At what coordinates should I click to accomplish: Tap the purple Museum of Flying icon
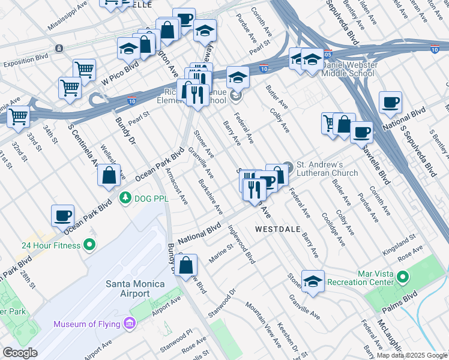[128, 325]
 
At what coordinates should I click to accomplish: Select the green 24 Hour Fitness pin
[89, 244]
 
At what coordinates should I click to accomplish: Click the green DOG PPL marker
[125, 196]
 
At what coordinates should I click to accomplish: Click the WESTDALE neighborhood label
[278, 229]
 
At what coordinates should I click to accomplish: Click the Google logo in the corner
[20, 352]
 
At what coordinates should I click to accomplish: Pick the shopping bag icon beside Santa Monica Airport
[187, 264]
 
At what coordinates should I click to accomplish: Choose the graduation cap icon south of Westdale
[313, 281]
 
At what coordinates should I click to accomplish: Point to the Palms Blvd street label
[400, 304]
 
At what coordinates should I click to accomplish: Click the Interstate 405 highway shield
[327, 55]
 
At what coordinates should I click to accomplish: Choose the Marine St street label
[221, 253]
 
